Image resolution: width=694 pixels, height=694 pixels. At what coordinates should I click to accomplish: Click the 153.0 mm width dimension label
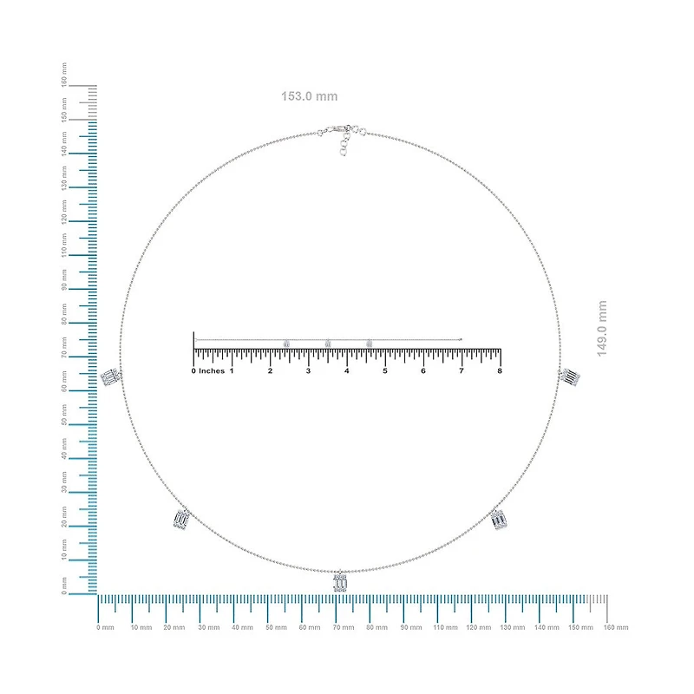[x=310, y=96]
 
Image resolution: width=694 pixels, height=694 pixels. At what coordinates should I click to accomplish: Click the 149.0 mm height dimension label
[x=602, y=329]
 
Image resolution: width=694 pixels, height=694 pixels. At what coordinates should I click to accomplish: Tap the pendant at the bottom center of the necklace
[x=340, y=581]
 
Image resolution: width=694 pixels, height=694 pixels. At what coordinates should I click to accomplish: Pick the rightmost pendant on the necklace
[x=570, y=376]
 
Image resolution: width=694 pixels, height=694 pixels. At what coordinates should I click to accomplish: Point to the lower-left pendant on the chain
[x=182, y=518]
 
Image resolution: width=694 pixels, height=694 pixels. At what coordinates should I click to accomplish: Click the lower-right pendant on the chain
[x=498, y=519]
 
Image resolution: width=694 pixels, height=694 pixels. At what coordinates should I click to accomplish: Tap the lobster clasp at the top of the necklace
[x=333, y=130]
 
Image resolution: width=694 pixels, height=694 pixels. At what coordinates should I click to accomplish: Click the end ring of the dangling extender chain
[x=343, y=152]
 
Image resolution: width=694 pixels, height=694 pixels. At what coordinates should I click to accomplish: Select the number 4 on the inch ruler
[x=346, y=371]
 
